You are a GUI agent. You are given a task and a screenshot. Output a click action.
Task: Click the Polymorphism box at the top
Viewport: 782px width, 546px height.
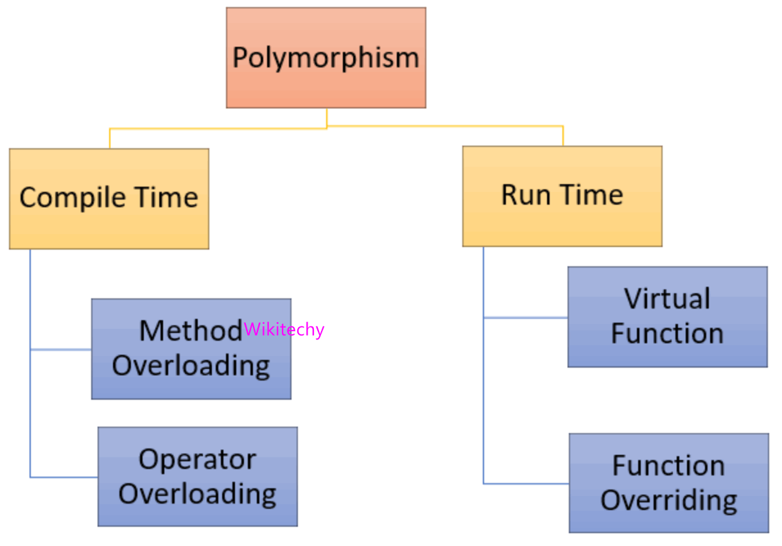tap(326, 58)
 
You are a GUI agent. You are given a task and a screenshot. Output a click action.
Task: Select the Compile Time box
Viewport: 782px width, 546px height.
tap(109, 198)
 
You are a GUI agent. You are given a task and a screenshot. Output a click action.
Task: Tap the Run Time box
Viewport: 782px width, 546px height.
tap(562, 196)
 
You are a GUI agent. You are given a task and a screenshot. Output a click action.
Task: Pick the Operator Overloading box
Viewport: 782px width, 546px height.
tap(197, 477)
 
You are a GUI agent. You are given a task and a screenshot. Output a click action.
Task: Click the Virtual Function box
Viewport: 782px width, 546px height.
tap(667, 317)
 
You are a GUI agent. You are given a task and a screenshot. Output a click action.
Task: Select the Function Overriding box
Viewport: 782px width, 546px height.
tap(668, 483)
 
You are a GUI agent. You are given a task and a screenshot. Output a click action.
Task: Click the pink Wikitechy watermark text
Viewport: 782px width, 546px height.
tap(284, 330)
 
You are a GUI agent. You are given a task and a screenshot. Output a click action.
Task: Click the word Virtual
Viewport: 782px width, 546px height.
tap(667, 299)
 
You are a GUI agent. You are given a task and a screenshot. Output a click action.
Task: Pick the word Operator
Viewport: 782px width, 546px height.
tap(197, 459)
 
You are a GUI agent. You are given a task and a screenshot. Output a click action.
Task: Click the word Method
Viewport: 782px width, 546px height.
tap(190, 331)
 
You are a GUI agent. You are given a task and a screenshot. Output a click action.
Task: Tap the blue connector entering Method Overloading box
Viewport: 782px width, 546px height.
tap(61, 350)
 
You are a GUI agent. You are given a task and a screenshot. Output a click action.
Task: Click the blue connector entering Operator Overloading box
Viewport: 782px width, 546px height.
tap(64, 477)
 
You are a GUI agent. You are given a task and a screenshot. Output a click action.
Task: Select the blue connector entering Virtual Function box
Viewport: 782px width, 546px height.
tap(525, 318)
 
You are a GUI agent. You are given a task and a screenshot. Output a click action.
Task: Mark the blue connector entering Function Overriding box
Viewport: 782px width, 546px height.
tap(526, 484)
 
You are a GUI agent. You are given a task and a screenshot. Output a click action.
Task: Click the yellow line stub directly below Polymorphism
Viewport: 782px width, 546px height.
tap(327, 117)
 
